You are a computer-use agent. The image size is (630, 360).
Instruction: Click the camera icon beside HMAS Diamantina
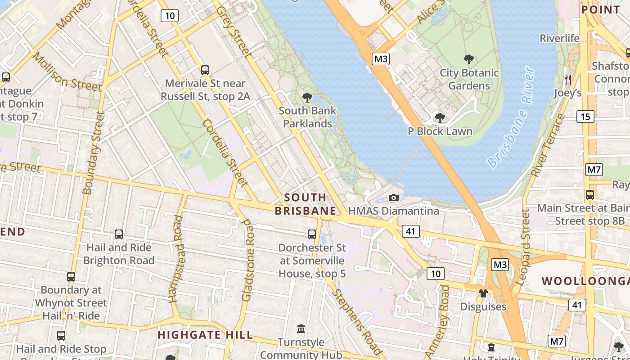click(x=394, y=198)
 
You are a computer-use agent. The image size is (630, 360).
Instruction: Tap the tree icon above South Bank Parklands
click(x=307, y=97)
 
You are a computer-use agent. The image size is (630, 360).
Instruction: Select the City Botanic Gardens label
click(x=469, y=79)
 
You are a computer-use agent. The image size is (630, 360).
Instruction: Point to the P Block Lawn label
click(x=440, y=131)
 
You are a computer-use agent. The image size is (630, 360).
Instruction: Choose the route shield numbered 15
click(x=585, y=117)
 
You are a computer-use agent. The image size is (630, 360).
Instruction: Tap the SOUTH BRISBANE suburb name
click(x=306, y=204)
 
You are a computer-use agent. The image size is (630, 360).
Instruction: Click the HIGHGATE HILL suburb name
click(x=205, y=335)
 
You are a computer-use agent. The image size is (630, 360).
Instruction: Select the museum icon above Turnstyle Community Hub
click(x=301, y=329)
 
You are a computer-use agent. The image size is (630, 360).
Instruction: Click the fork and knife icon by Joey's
click(x=567, y=80)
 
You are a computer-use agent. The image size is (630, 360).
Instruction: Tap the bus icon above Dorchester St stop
click(x=311, y=234)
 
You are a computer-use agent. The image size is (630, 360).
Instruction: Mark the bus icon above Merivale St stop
click(x=205, y=70)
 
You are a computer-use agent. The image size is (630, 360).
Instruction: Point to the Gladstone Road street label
click(x=248, y=260)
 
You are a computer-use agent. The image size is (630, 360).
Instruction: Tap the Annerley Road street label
click(x=445, y=315)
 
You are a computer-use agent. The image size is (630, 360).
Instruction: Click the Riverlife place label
click(x=560, y=38)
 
